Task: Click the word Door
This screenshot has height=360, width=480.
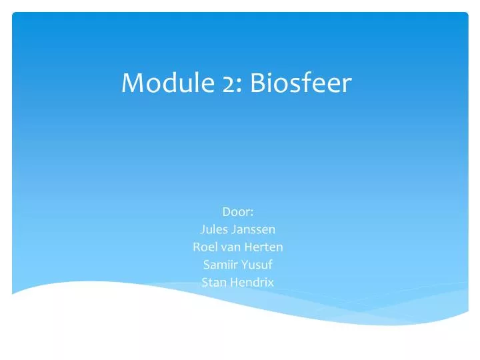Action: click(x=237, y=213)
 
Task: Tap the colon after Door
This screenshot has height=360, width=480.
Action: click(x=251, y=214)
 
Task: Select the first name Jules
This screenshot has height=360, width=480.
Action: click(x=213, y=230)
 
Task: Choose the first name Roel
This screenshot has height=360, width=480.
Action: click(x=204, y=247)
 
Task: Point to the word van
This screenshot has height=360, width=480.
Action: click(x=231, y=248)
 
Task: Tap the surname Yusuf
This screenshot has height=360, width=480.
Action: click(x=259, y=265)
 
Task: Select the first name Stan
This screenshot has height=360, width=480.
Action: click(x=213, y=282)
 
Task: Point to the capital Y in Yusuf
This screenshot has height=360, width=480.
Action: click(x=247, y=265)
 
